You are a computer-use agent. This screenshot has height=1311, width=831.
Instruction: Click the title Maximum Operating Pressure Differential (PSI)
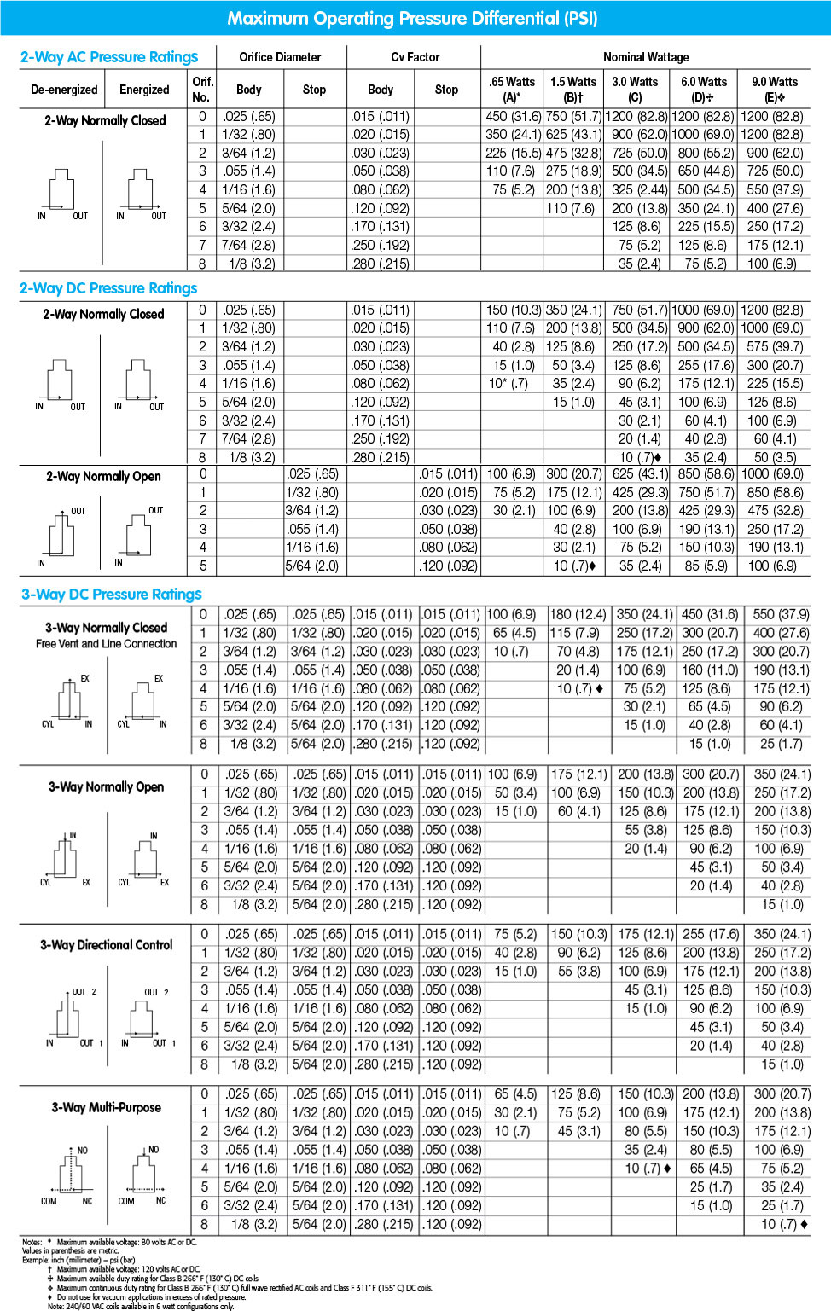tap(412, 18)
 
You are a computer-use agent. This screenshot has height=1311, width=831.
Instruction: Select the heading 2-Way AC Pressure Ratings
tap(109, 57)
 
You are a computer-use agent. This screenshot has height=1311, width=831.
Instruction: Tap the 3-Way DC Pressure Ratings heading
tap(112, 594)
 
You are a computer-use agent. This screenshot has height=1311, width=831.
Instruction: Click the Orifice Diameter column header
tap(280, 57)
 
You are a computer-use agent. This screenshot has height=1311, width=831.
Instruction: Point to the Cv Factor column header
tap(415, 57)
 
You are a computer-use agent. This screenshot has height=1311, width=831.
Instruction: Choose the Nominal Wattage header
tap(646, 57)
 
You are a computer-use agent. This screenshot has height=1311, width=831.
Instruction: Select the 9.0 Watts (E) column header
tap(774, 89)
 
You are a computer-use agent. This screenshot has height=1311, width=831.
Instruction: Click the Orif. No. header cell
tap(202, 89)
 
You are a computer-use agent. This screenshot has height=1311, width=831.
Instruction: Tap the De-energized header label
tap(64, 90)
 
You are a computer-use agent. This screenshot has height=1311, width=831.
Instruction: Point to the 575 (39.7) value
tap(775, 346)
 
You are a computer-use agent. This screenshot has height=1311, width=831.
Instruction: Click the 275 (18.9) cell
tap(573, 171)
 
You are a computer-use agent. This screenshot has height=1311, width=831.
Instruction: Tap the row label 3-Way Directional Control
tap(106, 945)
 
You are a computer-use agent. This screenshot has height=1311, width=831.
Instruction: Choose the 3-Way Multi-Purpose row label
tap(106, 1107)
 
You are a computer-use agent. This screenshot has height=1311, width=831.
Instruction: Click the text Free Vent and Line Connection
tap(106, 644)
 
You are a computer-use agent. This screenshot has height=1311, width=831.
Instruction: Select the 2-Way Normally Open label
tap(103, 476)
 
